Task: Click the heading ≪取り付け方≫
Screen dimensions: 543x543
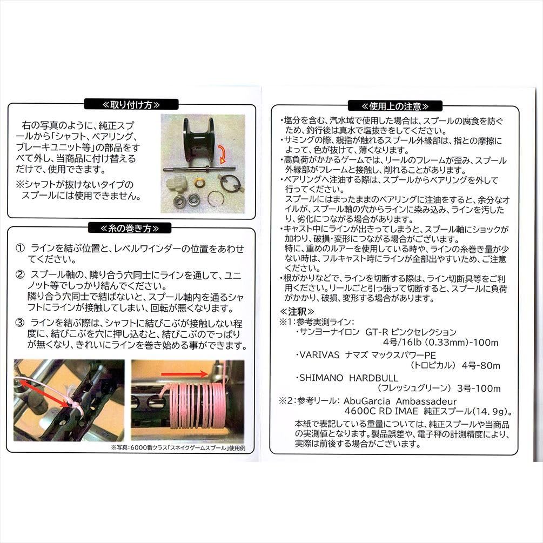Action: [x=131, y=105]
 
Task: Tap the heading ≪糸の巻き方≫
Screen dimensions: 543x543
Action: [x=130, y=229]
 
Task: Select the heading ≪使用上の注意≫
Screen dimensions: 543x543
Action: [x=395, y=106]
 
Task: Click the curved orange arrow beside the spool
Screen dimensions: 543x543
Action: [x=222, y=153]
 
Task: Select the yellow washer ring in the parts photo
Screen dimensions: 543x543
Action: [x=199, y=183]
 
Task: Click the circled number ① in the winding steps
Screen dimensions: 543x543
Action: [x=20, y=248]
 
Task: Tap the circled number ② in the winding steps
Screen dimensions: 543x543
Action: [x=20, y=275]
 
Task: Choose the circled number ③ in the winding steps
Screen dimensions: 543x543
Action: [x=20, y=323]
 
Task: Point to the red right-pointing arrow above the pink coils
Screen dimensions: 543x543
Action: [x=185, y=374]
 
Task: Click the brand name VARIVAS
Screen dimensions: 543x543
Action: [x=319, y=356]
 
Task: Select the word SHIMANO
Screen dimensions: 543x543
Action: [x=321, y=378]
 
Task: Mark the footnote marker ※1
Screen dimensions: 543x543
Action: [x=286, y=322]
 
